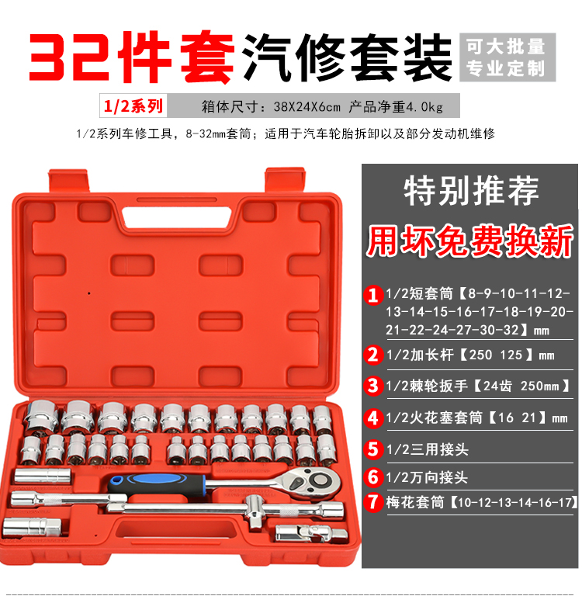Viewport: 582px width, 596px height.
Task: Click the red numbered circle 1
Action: click(x=373, y=296)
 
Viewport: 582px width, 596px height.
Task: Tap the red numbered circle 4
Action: click(x=373, y=418)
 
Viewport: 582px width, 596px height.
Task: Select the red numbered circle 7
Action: click(x=373, y=502)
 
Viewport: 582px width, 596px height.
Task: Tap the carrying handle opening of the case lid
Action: click(x=177, y=217)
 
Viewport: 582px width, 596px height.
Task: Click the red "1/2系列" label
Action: click(x=133, y=106)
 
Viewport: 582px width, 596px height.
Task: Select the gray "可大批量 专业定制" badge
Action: click(x=507, y=57)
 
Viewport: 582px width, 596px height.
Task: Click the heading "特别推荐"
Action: click(x=471, y=191)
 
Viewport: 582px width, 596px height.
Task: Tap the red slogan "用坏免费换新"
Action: click(x=469, y=241)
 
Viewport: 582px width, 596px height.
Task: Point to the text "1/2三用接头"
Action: click(x=427, y=449)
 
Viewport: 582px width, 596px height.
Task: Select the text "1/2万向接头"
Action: click(x=427, y=477)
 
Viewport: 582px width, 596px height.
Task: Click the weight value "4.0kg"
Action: click(x=424, y=107)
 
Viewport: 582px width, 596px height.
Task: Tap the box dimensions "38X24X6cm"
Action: click(x=307, y=107)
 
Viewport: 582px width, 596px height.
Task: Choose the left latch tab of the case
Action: click(x=68, y=181)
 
